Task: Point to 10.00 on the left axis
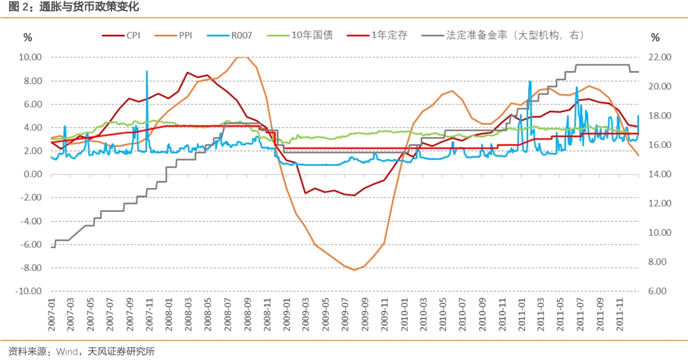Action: tap(30, 57)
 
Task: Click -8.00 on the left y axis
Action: tap(30, 268)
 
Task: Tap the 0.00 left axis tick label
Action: tap(31, 174)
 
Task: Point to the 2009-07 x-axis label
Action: tap(345, 314)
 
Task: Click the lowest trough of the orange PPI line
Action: tap(354, 270)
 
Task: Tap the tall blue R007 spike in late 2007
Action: tap(147, 72)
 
